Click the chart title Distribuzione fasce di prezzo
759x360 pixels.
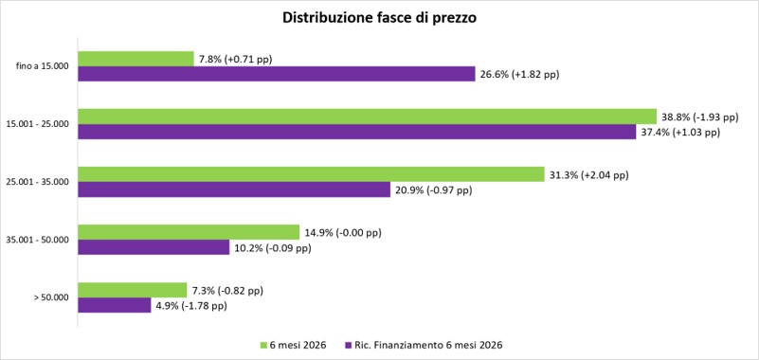(x=379, y=18)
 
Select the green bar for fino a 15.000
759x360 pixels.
(x=136, y=59)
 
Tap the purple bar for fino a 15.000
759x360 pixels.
(x=277, y=74)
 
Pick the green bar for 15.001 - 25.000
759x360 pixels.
(x=368, y=117)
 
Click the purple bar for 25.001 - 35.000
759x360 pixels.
(x=234, y=189)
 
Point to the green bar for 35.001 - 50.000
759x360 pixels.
(x=189, y=232)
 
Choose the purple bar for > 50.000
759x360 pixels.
(x=115, y=305)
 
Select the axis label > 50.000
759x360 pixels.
(x=51, y=297)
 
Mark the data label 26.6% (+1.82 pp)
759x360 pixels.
(x=519, y=75)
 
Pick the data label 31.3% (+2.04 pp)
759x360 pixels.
(x=588, y=175)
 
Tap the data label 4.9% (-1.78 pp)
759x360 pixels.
(x=191, y=306)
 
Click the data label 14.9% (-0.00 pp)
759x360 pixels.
(x=343, y=233)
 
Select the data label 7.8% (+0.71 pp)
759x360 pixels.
(x=235, y=60)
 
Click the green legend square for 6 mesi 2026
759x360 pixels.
(x=263, y=346)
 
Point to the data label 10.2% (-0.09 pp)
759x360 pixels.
(x=273, y=249)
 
